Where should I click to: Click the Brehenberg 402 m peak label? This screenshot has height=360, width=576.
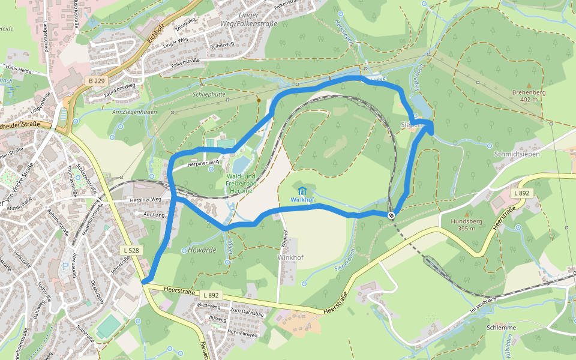(x=529, y=96)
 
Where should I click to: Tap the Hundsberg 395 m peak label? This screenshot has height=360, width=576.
(x=466, y=224)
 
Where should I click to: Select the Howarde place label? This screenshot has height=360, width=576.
(x=202, y=250)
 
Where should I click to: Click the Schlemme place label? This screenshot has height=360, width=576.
(x=502, y=328)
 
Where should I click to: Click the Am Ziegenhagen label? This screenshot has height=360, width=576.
(x=135, y=112)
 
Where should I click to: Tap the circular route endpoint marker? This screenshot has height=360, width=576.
(x=391, y=215)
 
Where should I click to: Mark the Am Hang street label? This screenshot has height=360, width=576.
(x=154, y=214)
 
